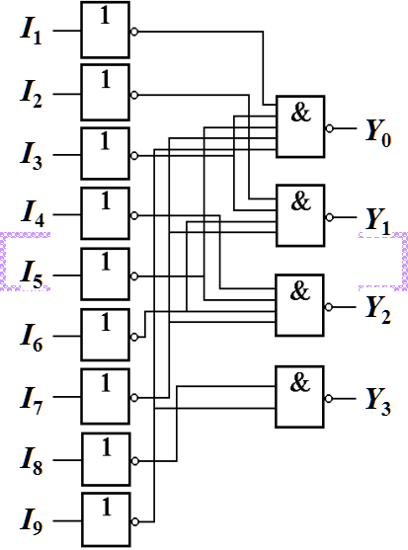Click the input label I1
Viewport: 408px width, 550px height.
31,33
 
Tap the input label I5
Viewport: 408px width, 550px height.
31,276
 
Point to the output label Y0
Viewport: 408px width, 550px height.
378,133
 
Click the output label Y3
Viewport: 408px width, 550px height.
378,402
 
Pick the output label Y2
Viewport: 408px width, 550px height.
378,310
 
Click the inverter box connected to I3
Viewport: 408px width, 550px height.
106,154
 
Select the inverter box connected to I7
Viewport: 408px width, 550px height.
106,396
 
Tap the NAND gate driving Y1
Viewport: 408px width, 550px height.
300,215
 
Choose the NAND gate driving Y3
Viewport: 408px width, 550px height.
299,397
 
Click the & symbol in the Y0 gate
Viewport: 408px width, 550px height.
301,113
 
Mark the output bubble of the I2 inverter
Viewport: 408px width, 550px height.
134,95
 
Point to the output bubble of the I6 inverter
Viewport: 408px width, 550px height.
134,337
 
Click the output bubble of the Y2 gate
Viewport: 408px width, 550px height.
328,307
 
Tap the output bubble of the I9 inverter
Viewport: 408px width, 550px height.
134,521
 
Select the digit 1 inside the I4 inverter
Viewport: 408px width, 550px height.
106,200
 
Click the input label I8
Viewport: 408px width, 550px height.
31,461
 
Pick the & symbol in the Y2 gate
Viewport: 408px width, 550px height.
300,291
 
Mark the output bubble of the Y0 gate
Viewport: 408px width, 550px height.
329,128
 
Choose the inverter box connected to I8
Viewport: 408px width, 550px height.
106,459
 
